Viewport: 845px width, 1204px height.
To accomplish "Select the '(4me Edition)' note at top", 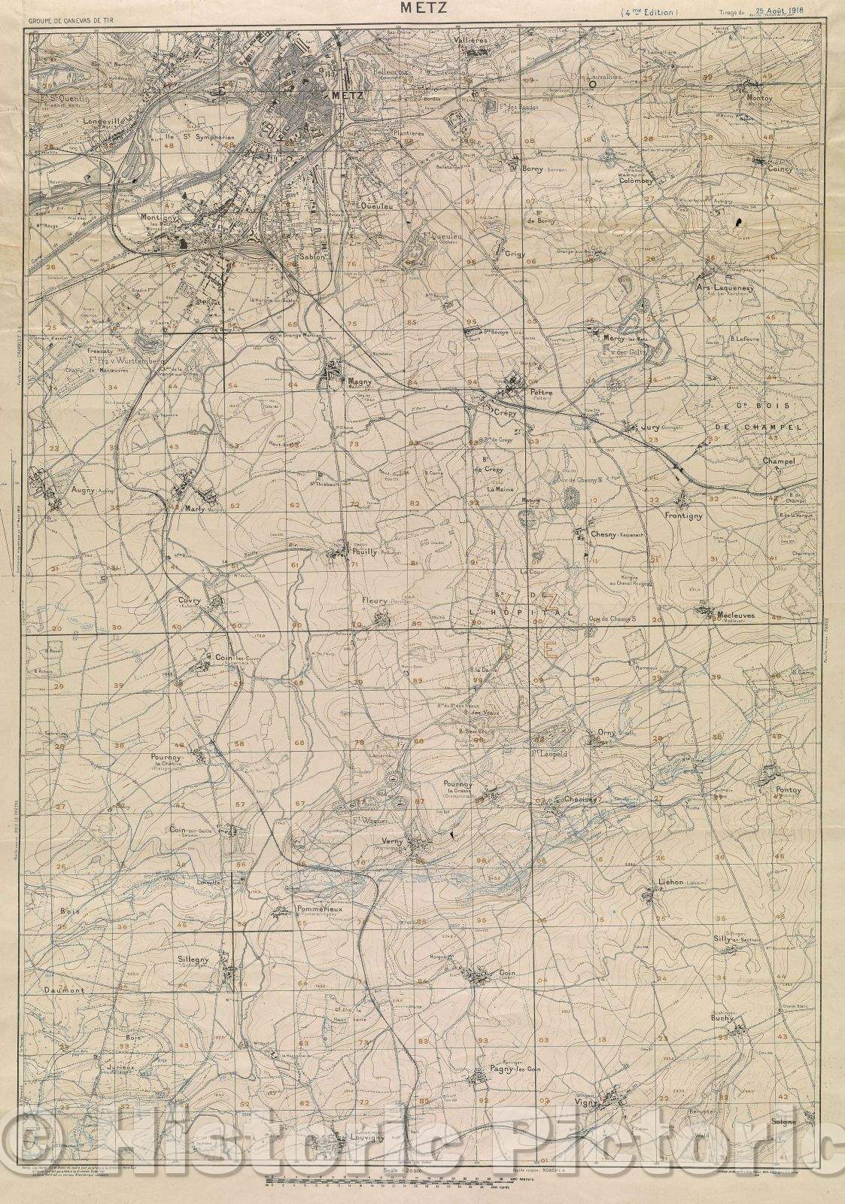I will click(x=649, y=13).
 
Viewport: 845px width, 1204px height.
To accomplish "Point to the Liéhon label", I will click(x=670, y=881).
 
